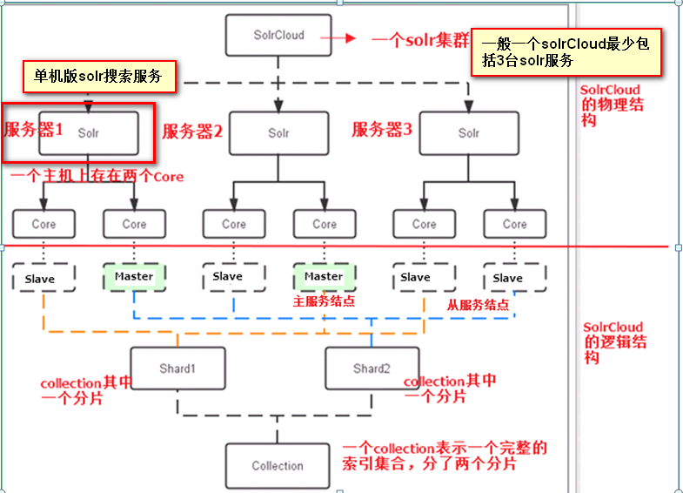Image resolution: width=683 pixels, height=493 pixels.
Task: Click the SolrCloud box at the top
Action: coord(278,37)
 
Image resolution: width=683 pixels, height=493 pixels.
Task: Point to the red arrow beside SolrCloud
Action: coord(343,38)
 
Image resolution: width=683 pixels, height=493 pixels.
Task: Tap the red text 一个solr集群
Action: coord(419,40)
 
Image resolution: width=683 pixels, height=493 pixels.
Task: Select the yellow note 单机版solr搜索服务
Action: coord(97,77)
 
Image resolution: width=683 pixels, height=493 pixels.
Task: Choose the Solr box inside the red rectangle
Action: coord(88,133)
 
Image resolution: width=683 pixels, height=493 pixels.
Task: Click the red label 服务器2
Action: coord(193,132)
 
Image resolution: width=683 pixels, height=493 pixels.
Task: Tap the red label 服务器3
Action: coord(381,130)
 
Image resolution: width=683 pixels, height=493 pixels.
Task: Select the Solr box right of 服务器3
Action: coord(468,133)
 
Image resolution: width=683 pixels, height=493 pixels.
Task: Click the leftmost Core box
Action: coord(44,224)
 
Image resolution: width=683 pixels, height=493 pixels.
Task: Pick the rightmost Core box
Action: coord(514,224)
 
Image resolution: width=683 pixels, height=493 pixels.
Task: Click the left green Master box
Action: coord(134,277)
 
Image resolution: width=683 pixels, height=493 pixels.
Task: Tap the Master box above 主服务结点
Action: coord(324,277)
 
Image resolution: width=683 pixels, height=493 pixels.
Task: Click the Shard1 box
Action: coord(177,368)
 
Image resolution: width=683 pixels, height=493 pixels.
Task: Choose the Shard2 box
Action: coord(371,368)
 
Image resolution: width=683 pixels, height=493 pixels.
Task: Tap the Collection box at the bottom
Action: coord(278,465)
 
